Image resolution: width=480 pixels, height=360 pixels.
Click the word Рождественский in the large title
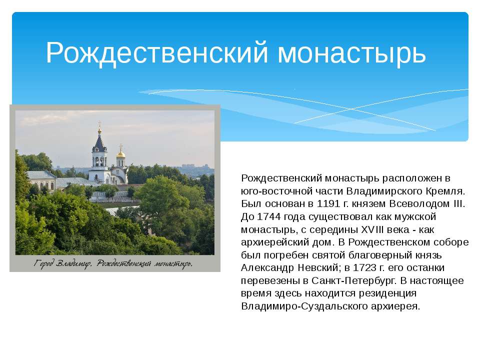point(157,53)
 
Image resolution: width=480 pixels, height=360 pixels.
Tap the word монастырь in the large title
point(351,53)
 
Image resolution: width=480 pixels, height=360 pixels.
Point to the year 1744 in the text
point(268,216)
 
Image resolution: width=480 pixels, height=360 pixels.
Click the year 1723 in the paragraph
point(365,267)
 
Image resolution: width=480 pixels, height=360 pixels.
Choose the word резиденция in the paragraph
point(387,293)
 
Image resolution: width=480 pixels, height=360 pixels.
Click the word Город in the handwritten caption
point(44,263)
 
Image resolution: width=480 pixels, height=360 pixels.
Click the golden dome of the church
point(120,153)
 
